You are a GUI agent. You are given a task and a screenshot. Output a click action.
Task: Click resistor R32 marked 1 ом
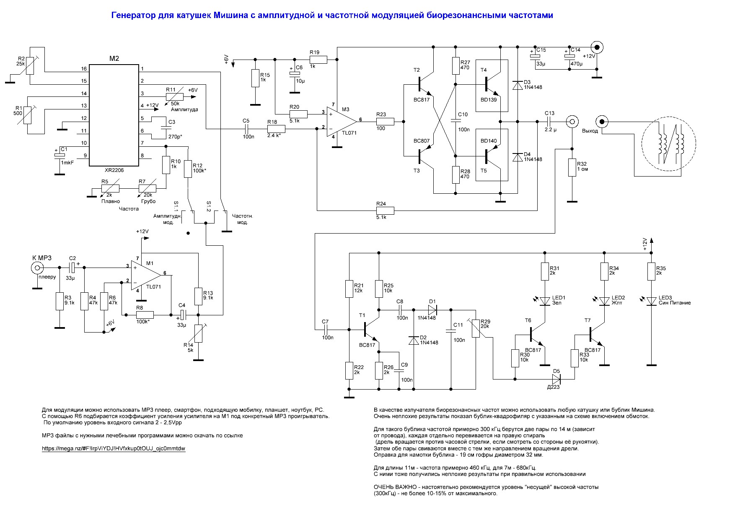click(571, 167)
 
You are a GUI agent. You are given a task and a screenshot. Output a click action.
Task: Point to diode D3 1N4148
click(518, 84)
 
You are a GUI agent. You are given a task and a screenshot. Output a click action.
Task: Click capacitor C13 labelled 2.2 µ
click(549, 121)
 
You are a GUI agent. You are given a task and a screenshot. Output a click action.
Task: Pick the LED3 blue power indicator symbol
click(651, 301)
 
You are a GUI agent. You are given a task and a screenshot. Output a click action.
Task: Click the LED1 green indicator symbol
click(544, 301)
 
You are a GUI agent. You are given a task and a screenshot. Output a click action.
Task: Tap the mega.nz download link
click(114, 448)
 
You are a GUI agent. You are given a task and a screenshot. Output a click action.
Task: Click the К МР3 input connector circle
click(37, 268)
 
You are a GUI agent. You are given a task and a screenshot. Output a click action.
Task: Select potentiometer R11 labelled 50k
click(174, 96)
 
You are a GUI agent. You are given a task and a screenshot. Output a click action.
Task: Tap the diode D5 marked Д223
click(556, 379)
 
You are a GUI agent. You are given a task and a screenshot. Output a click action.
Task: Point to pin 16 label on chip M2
click(84, 69)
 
